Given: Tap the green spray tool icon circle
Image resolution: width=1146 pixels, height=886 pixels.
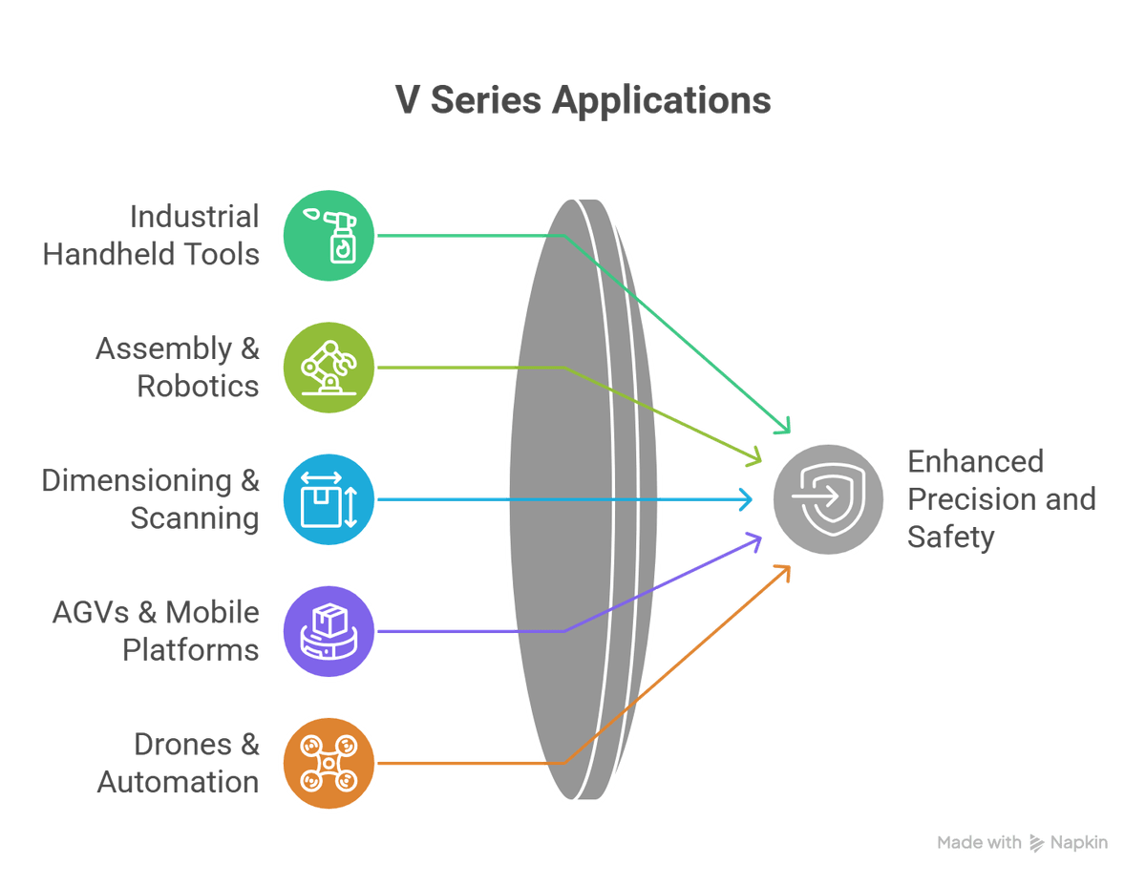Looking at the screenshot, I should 329,235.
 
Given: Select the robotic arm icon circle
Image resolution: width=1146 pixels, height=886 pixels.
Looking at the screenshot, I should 329,367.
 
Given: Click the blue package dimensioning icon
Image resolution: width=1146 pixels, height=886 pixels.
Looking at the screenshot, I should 329,499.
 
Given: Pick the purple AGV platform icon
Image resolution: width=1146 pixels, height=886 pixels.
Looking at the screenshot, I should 329,631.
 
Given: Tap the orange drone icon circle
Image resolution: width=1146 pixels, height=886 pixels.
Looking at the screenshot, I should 329,762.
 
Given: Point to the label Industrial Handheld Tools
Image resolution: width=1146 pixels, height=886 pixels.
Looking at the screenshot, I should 151,235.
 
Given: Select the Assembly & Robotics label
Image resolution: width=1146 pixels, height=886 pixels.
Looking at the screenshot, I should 178,367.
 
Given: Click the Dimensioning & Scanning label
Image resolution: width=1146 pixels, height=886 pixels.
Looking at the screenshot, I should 151,499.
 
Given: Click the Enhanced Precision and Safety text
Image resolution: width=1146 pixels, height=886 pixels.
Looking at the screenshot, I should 1000,499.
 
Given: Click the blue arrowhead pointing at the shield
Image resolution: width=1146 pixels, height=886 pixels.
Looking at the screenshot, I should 747,498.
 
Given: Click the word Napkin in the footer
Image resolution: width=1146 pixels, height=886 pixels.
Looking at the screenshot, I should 1079,843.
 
